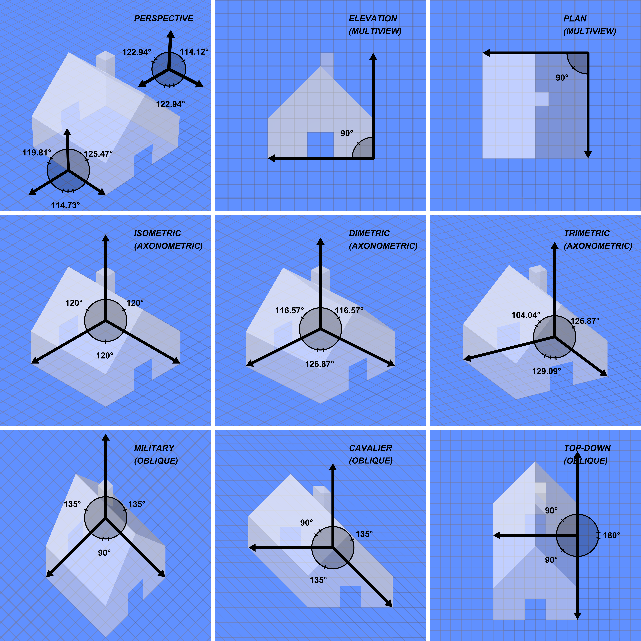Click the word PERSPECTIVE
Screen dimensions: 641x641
[x=164, y=19]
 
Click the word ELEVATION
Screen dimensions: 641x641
[x=373, y=19]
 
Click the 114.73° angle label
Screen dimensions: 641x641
[x=65, y=205]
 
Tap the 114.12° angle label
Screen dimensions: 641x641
[x=194, y=52]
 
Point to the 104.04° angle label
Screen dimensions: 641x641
[x=526, y=315]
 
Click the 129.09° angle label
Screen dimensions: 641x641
[x=546, y=371]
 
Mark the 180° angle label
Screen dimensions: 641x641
[x=611, y=535]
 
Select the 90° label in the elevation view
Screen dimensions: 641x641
[x=347, y=133]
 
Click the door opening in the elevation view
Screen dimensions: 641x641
[x=320, y=145]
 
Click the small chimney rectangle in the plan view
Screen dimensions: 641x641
[x=542, y=99]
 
